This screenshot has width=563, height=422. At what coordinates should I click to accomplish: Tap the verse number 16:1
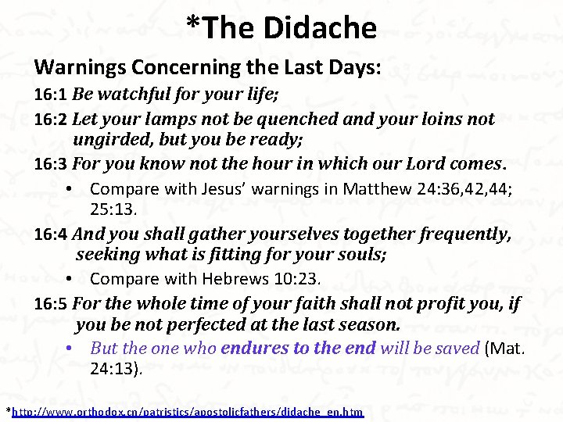51,95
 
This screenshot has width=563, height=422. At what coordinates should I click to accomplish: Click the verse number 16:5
51,303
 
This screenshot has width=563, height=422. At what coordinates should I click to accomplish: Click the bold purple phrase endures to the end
299,349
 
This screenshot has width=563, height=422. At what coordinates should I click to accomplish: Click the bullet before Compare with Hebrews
70,279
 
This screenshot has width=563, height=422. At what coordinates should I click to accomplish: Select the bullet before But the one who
70,349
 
